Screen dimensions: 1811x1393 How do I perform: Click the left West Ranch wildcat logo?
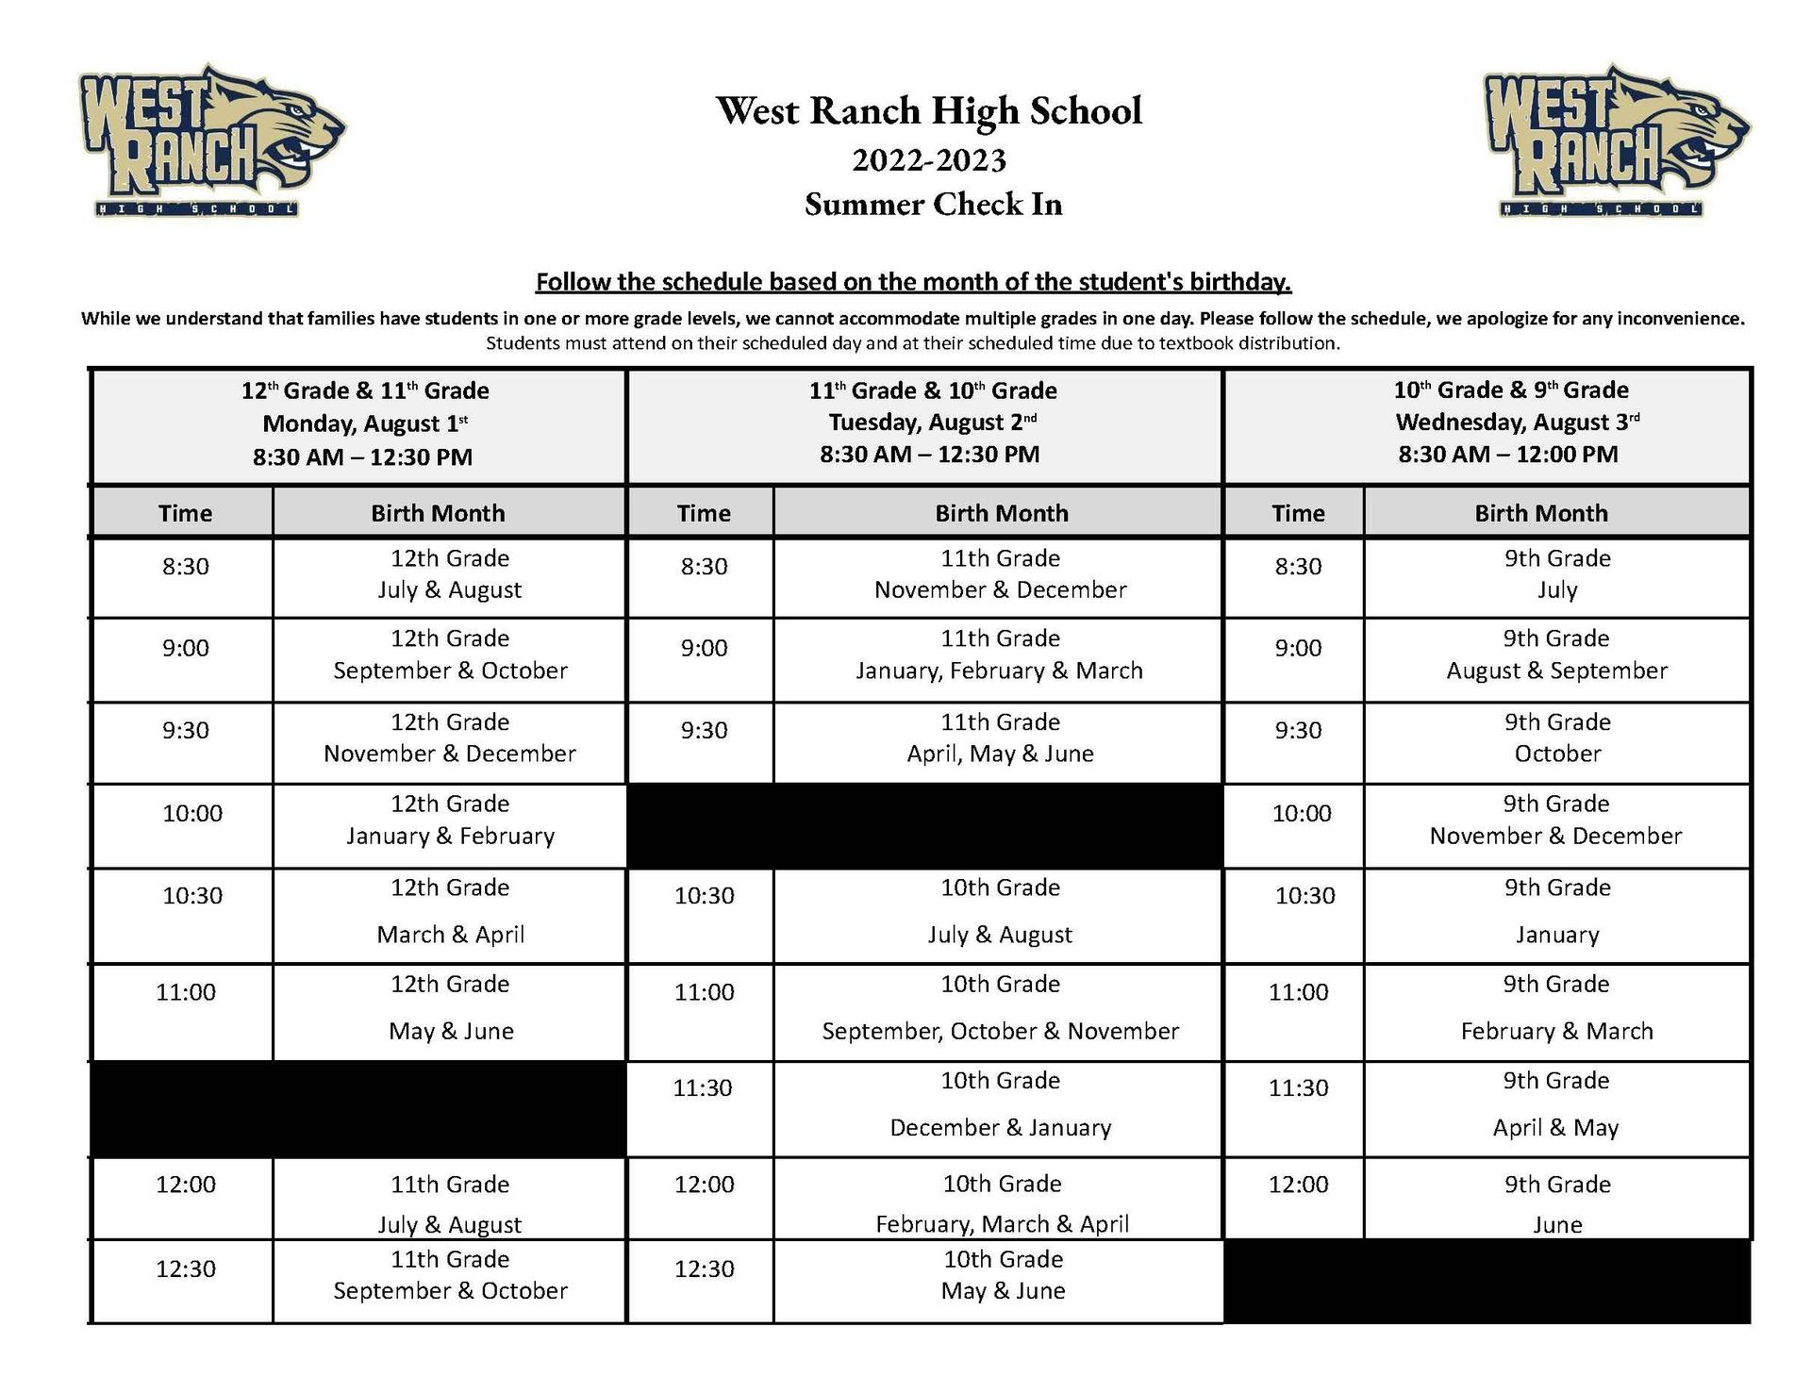[211, 141]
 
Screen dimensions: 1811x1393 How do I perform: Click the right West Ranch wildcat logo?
[1616, 141]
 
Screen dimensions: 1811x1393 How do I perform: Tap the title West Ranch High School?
[929, 110]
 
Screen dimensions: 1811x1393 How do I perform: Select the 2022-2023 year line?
[929, 160]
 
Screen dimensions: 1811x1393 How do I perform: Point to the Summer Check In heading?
[933, 205]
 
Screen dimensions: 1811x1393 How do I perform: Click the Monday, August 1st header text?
[364, 423]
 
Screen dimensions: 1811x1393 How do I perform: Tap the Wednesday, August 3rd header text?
[1517, 422]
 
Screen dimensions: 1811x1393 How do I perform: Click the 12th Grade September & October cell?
[450, 655]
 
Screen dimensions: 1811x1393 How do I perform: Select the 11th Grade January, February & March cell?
[999, 655]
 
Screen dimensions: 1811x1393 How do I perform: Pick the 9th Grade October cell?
[1557, 738]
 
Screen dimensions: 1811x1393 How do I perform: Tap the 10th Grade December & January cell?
[1000, 1104]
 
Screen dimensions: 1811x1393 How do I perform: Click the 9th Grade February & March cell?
[1556, 1008]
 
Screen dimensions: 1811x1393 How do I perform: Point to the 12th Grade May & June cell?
[450, 1008]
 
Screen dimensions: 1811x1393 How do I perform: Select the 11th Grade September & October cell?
[450, 1275]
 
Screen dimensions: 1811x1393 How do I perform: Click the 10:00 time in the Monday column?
[192, 813]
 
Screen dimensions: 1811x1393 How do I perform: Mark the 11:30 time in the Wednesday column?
[1298, 1087]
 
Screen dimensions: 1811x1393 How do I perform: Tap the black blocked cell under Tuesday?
[924, 825]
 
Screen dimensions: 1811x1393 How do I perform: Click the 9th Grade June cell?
[1557, 1204]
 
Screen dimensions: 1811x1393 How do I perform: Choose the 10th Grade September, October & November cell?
[1000, 1008]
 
